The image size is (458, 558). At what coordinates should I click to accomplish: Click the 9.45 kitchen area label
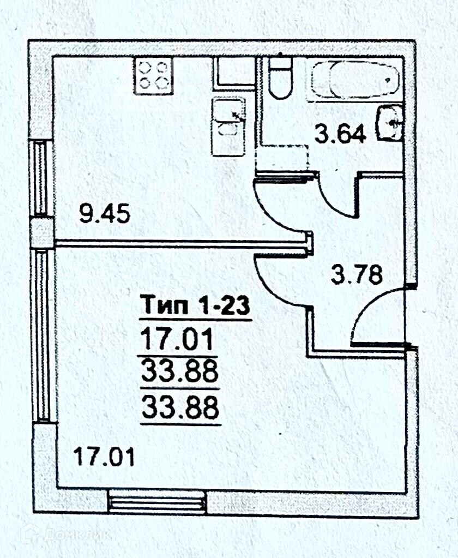(105, 214)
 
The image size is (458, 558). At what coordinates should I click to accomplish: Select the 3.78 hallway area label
(357, 274)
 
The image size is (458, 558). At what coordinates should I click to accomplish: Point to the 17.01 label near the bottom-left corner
(104, 455)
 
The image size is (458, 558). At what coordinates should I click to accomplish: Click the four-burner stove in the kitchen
(153, 75)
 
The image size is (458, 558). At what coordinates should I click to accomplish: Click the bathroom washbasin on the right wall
(390, 124)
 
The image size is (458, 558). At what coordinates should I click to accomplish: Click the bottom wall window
(156, 502)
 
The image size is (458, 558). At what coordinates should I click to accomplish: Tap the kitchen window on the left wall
(40, 177)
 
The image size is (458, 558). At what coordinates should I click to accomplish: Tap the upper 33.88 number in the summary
(180, 373)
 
